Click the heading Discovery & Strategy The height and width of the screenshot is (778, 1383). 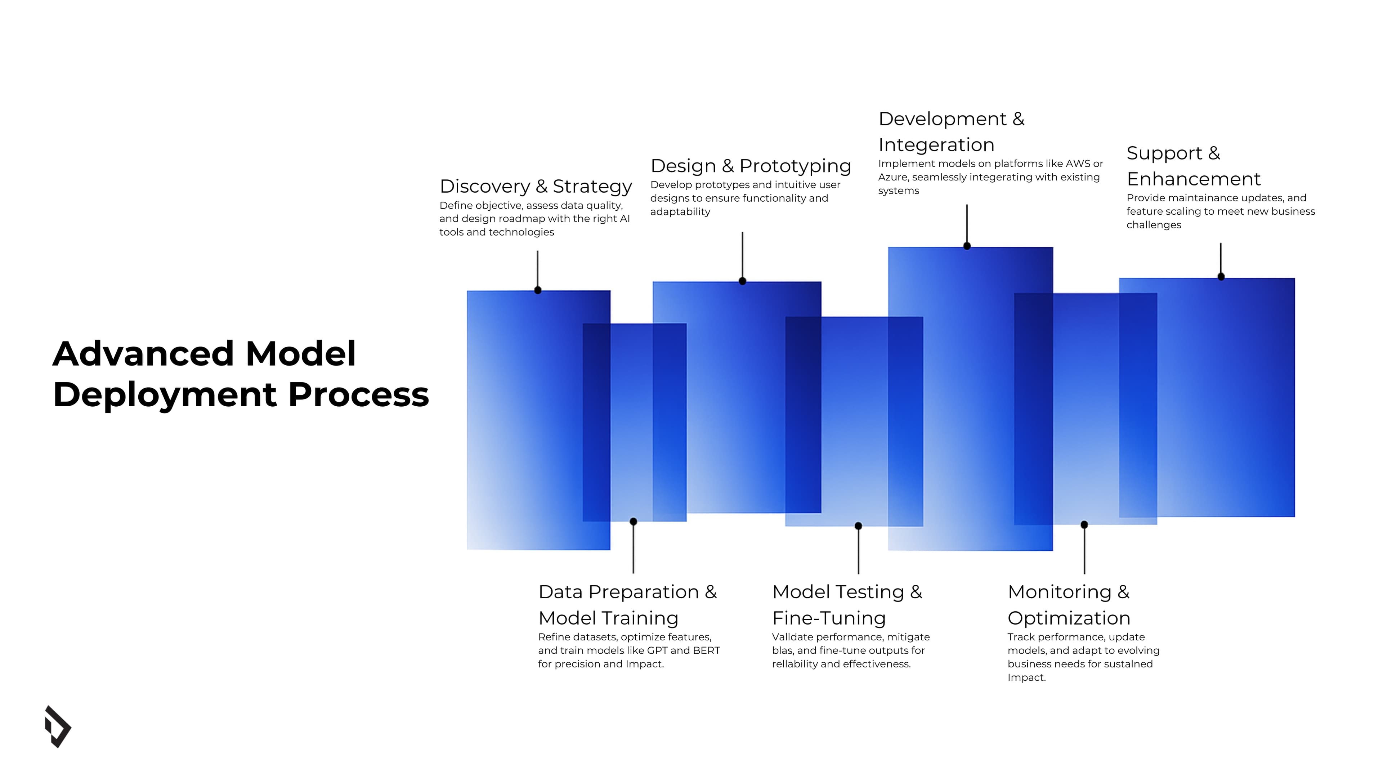point(535,186)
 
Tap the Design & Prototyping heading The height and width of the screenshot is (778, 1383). point(750,166)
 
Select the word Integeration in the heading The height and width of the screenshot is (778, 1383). point(936,145)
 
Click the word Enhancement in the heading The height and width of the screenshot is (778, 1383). point(1193,179)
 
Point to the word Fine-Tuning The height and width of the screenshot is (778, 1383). point(828,618)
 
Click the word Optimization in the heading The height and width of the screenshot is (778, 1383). point(1068,618)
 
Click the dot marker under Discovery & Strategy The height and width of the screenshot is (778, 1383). point(537,290)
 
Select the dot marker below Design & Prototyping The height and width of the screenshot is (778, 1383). point(742,281)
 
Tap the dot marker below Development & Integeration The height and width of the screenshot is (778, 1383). point(966,246)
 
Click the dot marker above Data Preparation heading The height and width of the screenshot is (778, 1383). point(633,521)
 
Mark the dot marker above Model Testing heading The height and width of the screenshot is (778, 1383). point(858,526)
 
